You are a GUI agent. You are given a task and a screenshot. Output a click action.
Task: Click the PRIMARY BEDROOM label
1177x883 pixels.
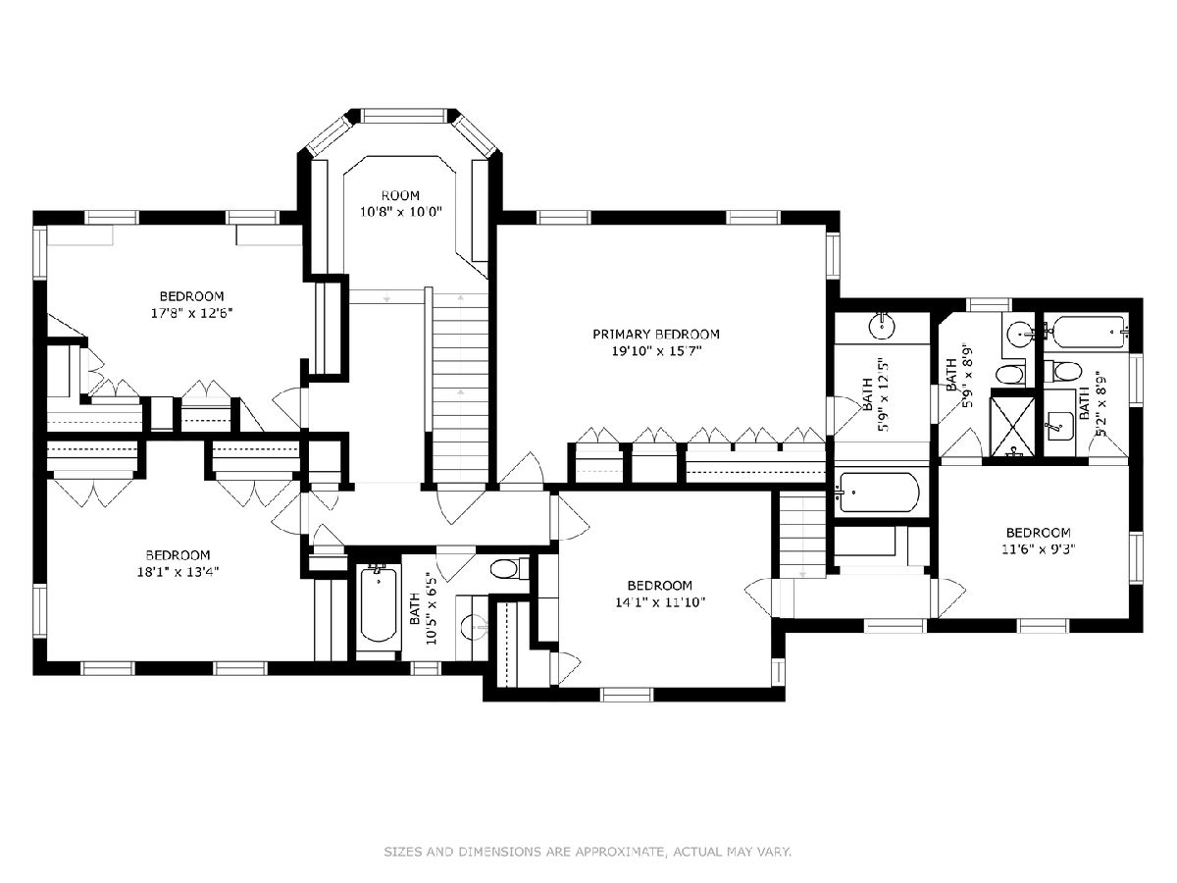tap(656, 335)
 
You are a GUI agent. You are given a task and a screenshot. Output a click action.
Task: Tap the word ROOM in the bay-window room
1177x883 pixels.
tap(400, 195)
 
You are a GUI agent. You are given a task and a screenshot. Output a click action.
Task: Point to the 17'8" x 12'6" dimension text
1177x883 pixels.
tap(191, 313)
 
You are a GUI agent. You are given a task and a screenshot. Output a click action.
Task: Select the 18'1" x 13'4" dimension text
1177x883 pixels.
tap(179, 572)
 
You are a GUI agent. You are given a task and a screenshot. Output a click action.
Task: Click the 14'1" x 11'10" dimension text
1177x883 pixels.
tap(659, 602)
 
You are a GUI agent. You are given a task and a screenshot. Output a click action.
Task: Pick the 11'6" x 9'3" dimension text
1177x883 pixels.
tap(1039, 549)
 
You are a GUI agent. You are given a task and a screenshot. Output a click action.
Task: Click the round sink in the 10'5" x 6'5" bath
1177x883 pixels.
tap(475, 626)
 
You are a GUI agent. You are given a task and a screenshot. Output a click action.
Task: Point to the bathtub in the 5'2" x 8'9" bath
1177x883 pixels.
tap(1089, 332)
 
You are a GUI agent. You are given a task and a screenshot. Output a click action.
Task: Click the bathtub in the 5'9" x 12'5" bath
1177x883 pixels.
tap(878, 493)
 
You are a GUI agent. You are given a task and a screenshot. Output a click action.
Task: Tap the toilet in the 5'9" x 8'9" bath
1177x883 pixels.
tap(1009, 374)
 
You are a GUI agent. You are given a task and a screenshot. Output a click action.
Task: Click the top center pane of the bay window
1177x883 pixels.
tap(402, 116)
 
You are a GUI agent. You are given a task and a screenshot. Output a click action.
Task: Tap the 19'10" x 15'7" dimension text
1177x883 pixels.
tap(656, 351)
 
